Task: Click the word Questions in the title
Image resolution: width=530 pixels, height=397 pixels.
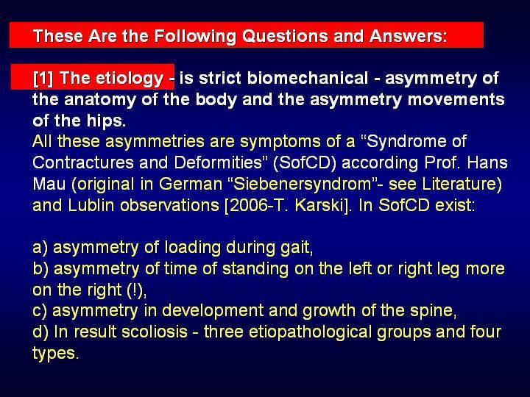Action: click(286, 36)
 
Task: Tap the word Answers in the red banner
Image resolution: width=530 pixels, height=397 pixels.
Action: click(409, 36)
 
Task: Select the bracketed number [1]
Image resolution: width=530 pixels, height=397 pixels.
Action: click(43, 79)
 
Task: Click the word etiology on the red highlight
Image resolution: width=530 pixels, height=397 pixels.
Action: click(130, 79)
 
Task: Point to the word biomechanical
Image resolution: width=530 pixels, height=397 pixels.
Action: click(308, 79)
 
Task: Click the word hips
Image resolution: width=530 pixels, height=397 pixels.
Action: click(106, 121)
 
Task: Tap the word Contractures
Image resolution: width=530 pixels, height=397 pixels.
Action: click(83, 162)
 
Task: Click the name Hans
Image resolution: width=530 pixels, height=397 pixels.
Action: click(487, 162)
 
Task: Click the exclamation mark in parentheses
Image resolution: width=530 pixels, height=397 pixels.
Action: click(135, 290)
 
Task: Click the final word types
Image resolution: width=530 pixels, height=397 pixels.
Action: click(56, 354)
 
